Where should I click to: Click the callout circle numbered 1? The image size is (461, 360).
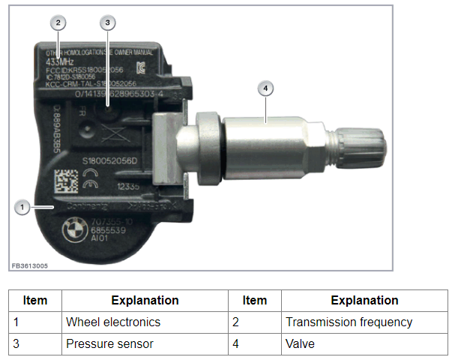click(22, 206)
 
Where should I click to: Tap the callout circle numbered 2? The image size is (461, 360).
click(58, 22)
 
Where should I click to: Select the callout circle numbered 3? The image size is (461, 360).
click(107, 22)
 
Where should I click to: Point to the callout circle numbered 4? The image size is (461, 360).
click(265, 88)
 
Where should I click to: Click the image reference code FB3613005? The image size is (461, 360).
click(30, 265)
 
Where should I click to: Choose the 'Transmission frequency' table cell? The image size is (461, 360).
click(349, 322)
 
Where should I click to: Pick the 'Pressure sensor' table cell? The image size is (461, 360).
click(110, 343)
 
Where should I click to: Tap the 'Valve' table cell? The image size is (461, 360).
click(301, 343)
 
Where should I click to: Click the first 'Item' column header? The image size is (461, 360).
click(35, 300)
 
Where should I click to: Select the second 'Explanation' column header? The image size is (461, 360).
click(364, 300)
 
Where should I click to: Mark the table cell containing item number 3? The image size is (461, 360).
click(35, 343)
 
